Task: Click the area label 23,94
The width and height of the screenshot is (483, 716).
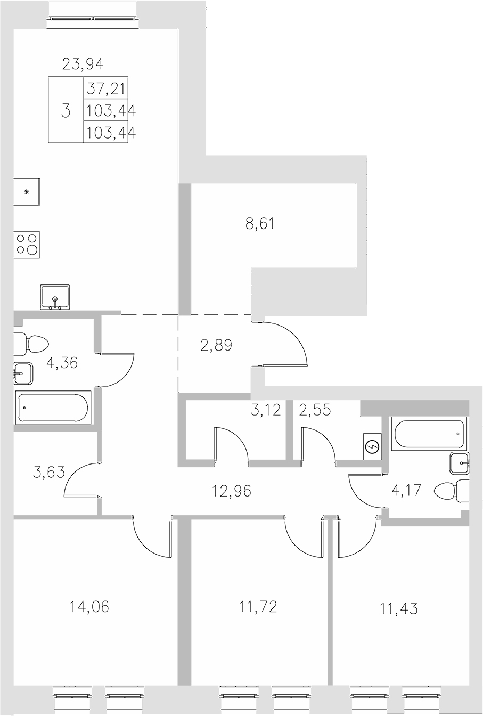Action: click(83, 65)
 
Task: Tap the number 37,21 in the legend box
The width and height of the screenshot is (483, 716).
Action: click(109, 88)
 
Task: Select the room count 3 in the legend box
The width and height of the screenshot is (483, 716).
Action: click(66, 111)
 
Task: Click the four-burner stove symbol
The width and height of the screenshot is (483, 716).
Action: click(27, 244)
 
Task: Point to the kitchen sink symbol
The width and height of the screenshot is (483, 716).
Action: click(55, 297)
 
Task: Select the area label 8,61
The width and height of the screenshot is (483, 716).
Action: click(260, 224)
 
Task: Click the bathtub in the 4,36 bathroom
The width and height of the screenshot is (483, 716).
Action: click(53, 408)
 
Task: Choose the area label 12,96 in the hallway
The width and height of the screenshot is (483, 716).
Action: click(232, 491)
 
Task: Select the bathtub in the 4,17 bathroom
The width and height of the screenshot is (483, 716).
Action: click(428, 434)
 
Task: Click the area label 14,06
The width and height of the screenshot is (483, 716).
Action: click(89, 606)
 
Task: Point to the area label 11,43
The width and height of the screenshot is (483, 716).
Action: click(399, 608)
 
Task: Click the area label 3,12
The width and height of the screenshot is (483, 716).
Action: click(266, 411)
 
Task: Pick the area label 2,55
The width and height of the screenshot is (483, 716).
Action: click(315, 411)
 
